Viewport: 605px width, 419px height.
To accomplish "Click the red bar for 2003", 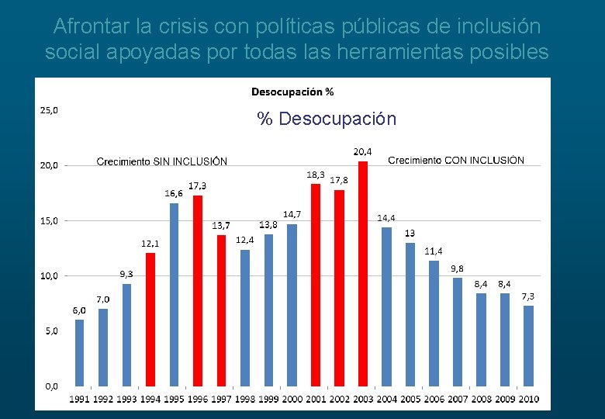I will point(362,274).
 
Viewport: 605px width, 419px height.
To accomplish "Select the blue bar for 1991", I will point(79,353).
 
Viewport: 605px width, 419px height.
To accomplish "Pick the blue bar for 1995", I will point(174,295).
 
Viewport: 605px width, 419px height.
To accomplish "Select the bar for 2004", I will point(386,306).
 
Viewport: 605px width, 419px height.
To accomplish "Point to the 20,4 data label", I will point(362,151).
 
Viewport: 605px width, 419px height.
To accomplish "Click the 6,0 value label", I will point(79,310).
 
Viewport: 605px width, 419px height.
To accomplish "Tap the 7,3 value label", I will point(527,296).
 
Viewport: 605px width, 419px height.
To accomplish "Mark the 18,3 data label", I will point(316,175).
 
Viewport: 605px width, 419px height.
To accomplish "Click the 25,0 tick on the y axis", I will point(48,109).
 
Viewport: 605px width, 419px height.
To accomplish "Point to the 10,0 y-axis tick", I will point(48,275).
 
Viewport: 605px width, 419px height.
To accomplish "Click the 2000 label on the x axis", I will point(292,399).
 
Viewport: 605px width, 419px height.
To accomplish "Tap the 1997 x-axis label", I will point(221,399).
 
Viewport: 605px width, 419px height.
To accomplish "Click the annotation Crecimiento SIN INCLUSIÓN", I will point(161,161).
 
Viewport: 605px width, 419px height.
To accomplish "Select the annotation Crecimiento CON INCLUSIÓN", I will point(455,160).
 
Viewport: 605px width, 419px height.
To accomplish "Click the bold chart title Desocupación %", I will point(292,92).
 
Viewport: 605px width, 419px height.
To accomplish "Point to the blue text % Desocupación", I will point(327,119).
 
